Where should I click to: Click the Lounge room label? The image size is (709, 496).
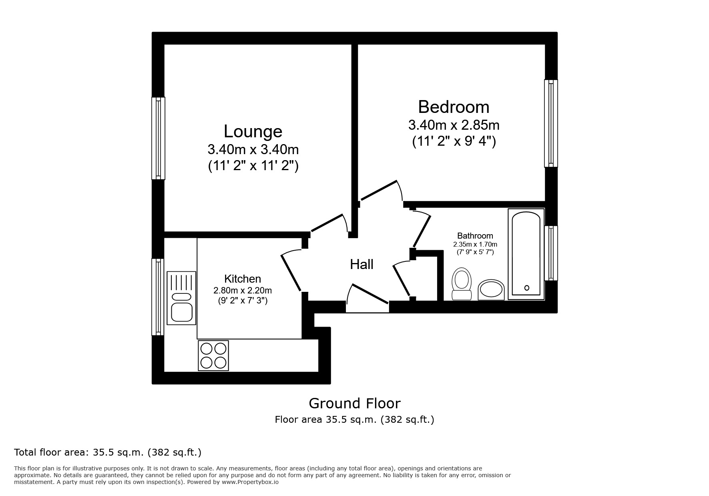(253, 132)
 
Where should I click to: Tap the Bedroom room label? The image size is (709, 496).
(454, 107)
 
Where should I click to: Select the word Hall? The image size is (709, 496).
(362, 265)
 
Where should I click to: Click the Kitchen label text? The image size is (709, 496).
(242, 279)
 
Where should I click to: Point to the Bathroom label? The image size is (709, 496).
(475, 236)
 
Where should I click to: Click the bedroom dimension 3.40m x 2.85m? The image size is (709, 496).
(454, 125)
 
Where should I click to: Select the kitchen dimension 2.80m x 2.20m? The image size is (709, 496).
(242, 290)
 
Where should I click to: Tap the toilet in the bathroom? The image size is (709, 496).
(461, 283)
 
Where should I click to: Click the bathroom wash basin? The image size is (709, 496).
(491, 289)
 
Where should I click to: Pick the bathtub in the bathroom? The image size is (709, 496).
(526, 254)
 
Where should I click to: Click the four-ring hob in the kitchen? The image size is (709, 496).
(213, 355)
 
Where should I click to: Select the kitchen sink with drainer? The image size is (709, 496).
(181, 298)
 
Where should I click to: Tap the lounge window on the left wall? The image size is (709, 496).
(159, 138)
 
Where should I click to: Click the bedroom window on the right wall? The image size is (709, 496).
(550, 123)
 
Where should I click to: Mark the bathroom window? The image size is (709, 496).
(550, 253)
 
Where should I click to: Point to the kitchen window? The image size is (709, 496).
(159, 297)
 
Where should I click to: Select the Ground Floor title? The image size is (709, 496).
(354, 403)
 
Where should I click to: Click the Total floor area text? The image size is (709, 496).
(107, 452)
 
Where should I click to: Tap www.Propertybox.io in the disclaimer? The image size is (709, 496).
(250, 482)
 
